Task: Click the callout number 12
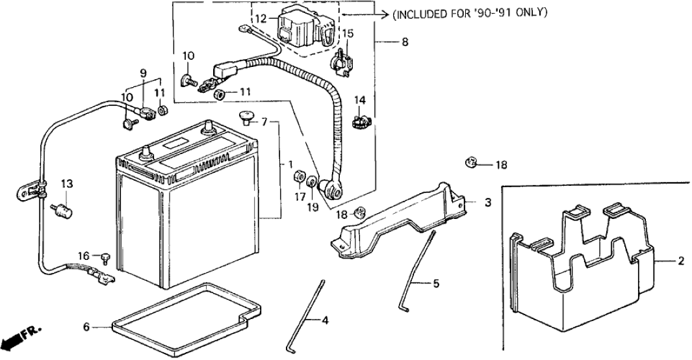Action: click(x=260, y=19)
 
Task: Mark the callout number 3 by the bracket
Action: click(x=487, y=203)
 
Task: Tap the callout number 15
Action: click(x=348, y=32)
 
